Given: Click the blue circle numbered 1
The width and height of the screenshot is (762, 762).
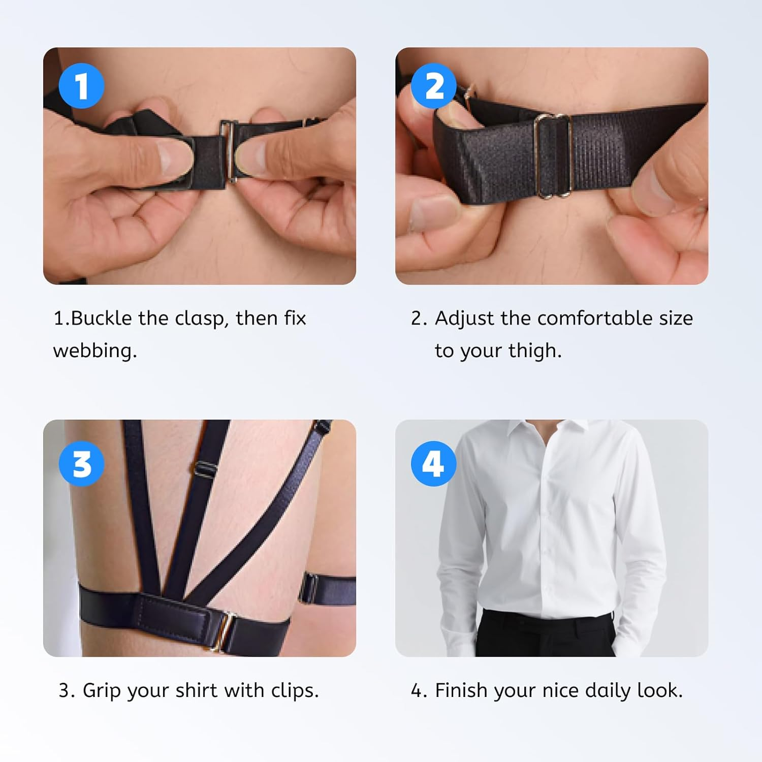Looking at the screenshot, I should click(x=81, y=85).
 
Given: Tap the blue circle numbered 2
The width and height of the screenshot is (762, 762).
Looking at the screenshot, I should click(x=433, y=85).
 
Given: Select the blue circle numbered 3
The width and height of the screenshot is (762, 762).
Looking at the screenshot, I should click(x=81, y=464).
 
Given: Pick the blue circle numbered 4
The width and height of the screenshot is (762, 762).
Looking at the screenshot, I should click(x=433, y=464).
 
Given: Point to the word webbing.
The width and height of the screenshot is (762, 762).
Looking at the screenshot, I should click(x=94, y=351).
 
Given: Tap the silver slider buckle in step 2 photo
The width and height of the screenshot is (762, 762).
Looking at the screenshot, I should click(x=554, y=156).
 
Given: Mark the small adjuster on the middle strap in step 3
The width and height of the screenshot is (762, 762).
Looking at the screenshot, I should click(x=204, y=468).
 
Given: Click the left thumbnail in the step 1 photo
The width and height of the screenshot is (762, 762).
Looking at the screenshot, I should click(x=173, y=156).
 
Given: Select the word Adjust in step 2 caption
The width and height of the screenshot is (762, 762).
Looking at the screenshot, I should click(x=464, y=319).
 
